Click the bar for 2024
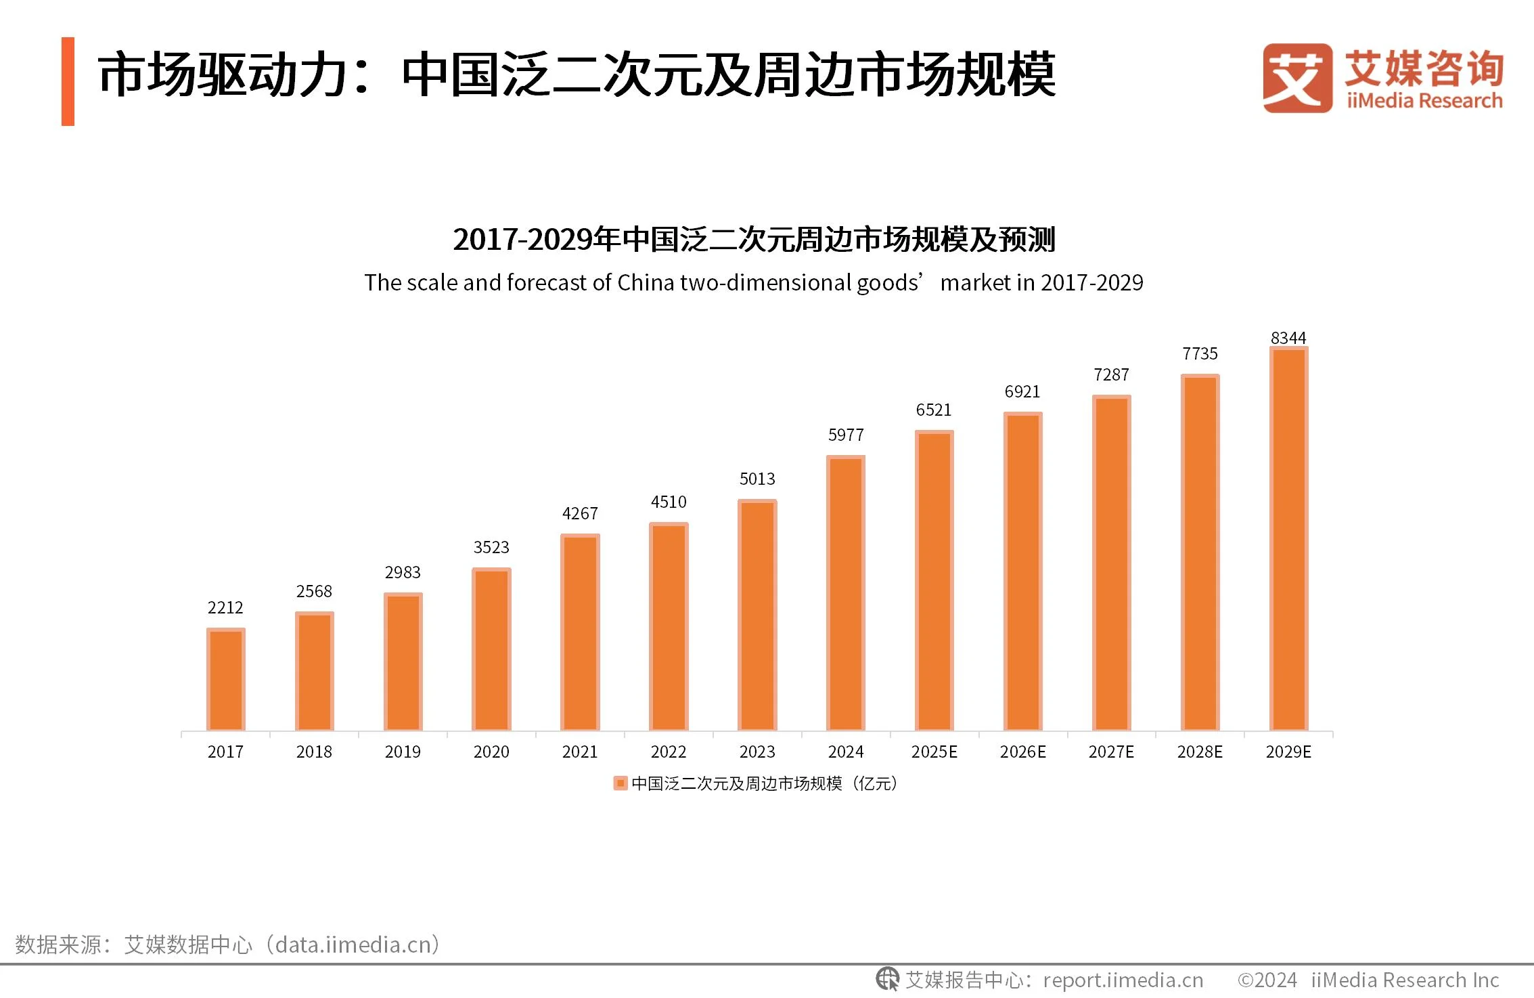(845, 593)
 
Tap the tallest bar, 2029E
(1288, 539)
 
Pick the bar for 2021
(580, 632)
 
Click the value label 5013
(757, 479)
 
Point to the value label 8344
(1288, 337)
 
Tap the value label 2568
(314, 591)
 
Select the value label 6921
(1022, 391)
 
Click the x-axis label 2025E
(934, 752)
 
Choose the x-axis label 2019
(403, 752)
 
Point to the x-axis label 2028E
(1200, 752)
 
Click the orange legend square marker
(620, 783)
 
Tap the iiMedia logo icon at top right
(1297, 78)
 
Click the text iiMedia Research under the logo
(1424, 101)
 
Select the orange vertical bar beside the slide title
(68, 81)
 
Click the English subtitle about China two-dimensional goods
(753, 282)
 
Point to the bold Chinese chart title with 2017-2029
(753, 239)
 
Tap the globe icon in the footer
(887, 979)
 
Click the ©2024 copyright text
(1267, 980)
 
